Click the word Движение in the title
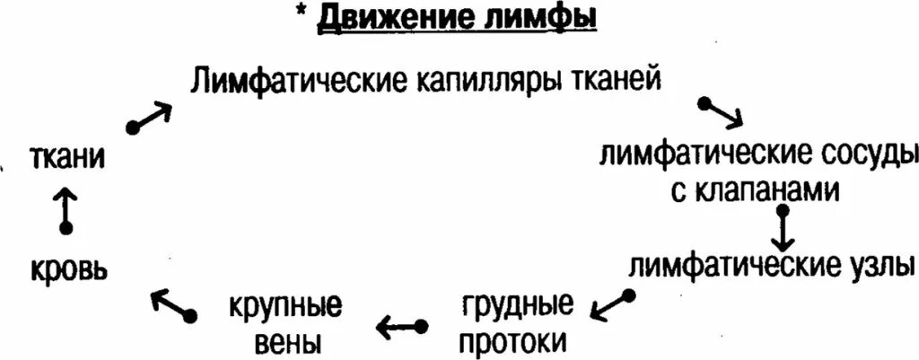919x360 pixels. [x=391, y=18]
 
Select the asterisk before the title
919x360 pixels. [x=304, y=14]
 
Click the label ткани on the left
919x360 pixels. [x=68, y=158]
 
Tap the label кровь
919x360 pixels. [x=67, y=267]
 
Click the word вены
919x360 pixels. [x=284, y=342]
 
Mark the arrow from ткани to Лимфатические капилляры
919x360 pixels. [x=150, y=116]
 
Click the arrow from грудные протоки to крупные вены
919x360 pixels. [x=400, y=326]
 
